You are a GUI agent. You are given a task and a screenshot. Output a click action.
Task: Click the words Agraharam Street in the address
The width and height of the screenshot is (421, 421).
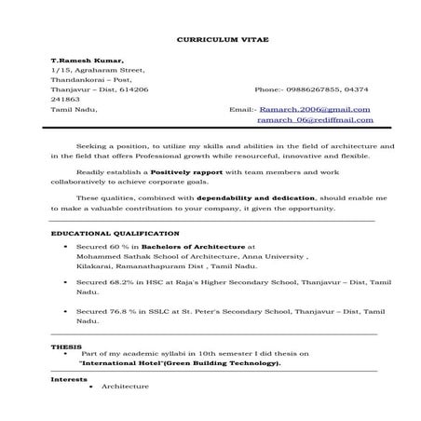coord(107,70)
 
